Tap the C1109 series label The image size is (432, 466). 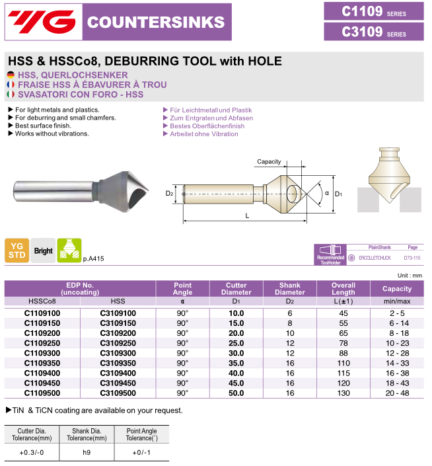(373, 11)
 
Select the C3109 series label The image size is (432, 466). (373, 32)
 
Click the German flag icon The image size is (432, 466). (11, 75)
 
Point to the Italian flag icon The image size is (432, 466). (11, 95)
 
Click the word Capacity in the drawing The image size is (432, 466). (269, 162)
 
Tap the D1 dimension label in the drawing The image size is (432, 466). (338, 194)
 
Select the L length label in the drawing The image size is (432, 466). (246, 215)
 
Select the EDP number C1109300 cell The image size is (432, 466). (43, 353)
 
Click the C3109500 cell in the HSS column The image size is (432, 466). (118, 393)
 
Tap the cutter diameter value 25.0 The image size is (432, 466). (236, 343)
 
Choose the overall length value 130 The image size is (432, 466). (343, 393)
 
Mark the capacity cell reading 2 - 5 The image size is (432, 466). (397, 313)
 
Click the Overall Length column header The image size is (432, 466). (343, 288)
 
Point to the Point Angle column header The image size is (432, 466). (182, 288)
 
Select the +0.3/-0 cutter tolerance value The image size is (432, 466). (32, 452)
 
